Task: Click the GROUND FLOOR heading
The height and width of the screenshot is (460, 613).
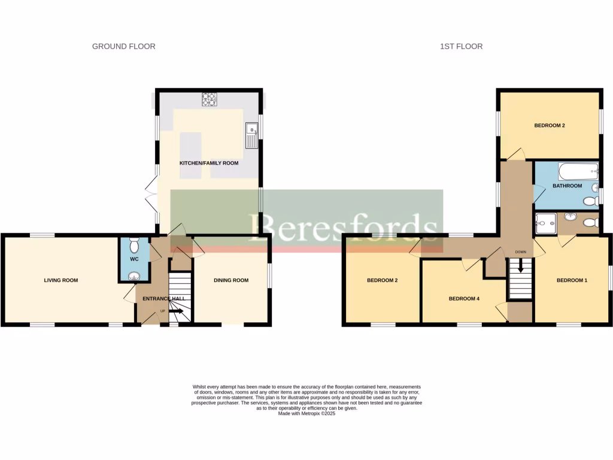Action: coord(123,46)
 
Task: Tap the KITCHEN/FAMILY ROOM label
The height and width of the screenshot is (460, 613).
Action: coord(209,163)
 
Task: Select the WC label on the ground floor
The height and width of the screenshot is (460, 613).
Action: coord(133,259)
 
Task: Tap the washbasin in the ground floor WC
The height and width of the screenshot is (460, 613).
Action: coord(133,276)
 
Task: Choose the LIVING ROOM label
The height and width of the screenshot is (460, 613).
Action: coord(61,280)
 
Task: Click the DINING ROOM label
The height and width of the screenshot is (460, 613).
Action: coord(231,280)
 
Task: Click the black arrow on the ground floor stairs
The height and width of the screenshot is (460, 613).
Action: coord(177,311)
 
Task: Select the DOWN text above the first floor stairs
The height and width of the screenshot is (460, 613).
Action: coord(520,252)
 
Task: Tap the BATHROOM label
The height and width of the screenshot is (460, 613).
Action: coord(567,186)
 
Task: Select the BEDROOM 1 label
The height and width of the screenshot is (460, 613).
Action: coord(572,280)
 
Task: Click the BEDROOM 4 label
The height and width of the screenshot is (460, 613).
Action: coord(464,298)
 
